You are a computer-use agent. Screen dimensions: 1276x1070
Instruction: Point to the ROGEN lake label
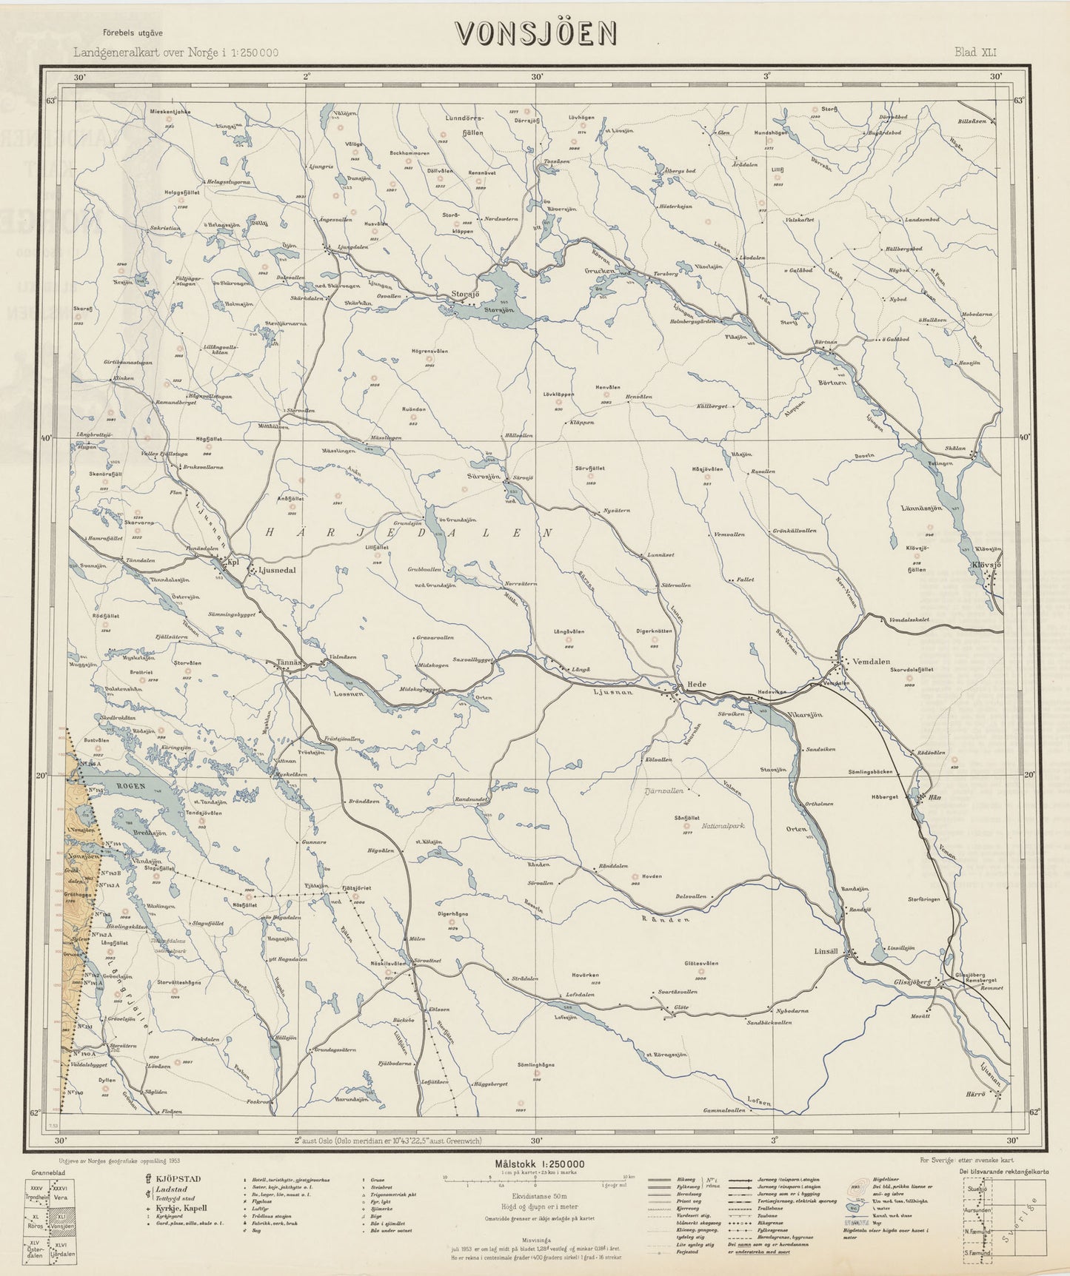coord(125,785)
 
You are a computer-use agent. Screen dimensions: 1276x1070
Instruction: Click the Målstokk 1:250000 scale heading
coord(536,1164)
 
